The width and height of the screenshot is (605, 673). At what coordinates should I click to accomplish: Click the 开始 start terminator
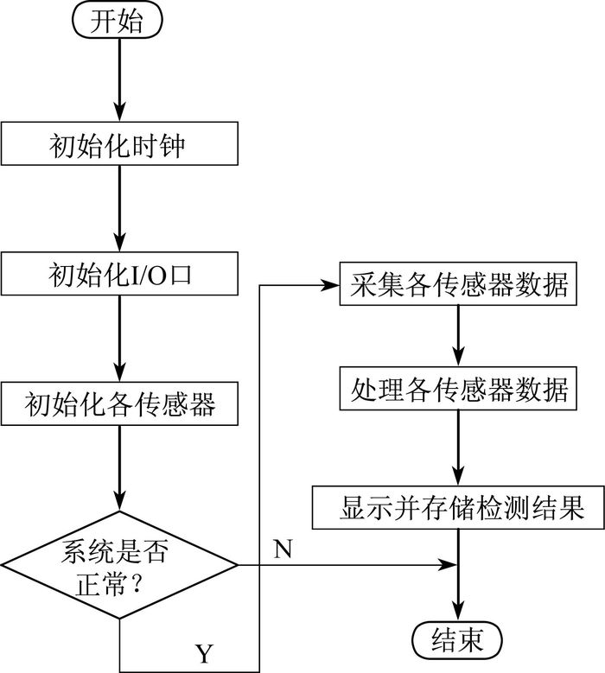118,20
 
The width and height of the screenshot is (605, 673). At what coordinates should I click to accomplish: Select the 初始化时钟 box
119,143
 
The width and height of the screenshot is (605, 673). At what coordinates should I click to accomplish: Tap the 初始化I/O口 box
119,273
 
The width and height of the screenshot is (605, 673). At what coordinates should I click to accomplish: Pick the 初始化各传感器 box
119,403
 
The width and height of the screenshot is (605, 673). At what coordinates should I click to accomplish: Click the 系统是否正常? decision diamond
119,564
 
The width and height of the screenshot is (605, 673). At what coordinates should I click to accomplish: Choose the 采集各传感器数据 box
458,283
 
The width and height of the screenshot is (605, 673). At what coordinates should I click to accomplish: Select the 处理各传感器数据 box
458,388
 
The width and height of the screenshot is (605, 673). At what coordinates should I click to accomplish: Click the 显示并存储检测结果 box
458,507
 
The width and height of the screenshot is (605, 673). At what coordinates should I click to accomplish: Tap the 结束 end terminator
457,640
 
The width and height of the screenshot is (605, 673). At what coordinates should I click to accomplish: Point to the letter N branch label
283,548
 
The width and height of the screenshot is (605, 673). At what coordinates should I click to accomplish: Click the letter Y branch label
204,654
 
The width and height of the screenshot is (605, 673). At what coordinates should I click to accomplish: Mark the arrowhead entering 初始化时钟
119,112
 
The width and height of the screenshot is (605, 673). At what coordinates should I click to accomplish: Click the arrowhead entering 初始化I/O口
119,242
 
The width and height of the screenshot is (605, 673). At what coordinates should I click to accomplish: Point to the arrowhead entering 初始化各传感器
119,372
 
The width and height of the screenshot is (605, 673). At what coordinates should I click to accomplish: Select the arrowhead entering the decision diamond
119,501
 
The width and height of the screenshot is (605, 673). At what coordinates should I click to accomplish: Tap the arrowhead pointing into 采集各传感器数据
330,285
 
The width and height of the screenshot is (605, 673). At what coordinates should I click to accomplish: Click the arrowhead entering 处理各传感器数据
458,357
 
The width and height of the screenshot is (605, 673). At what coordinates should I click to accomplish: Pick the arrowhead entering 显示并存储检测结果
458,476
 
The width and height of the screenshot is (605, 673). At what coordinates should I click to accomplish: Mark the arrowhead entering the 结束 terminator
458,612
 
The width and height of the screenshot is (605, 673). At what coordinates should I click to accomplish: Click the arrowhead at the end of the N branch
448,565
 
